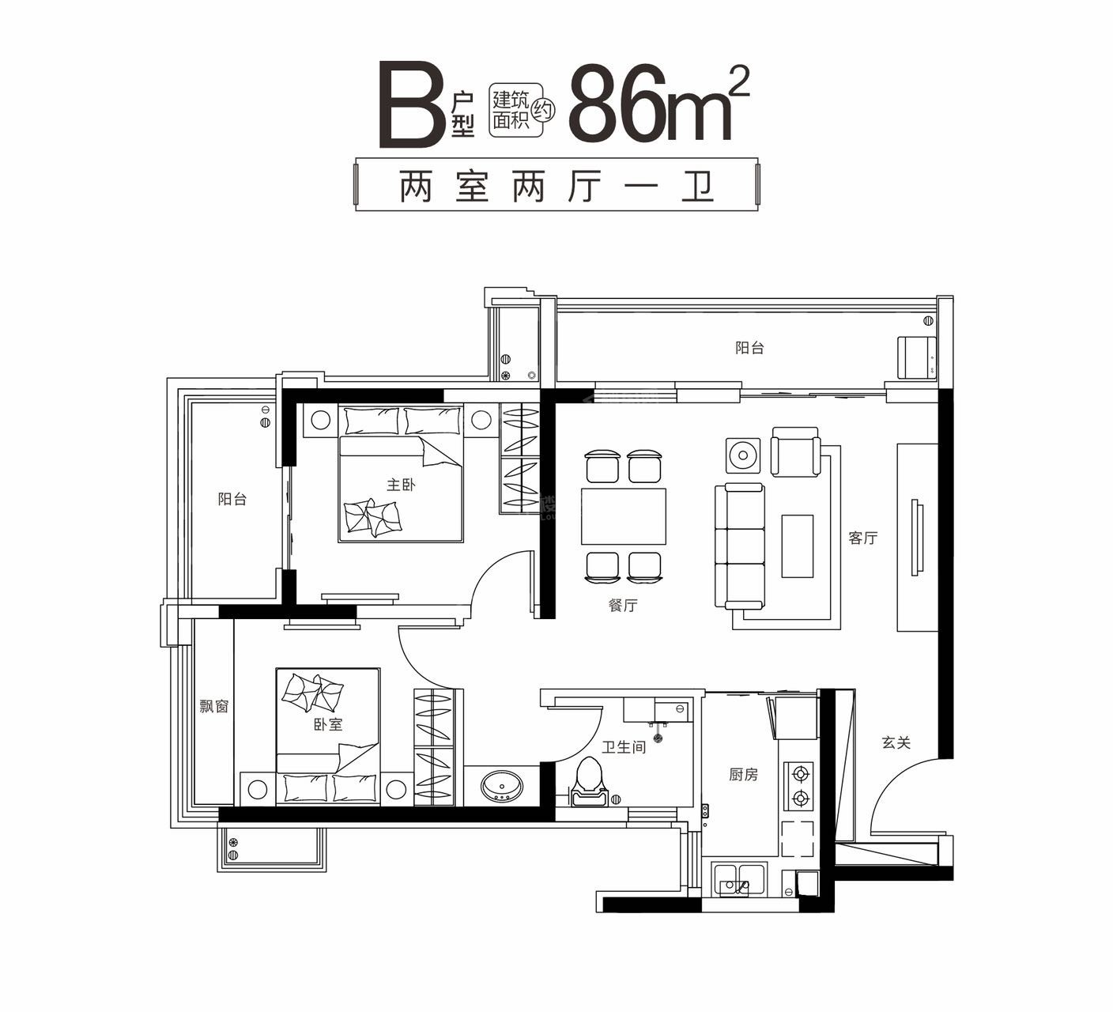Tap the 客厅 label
pos(862,538)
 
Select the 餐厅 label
pos(623,606)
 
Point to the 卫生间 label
pos(624,746)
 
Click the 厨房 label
pos(743,775)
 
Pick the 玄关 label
pos(896,743)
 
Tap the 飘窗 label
pos(213,706)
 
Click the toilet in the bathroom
pos(589,783)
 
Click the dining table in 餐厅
pos(623,516)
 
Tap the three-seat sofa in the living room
pos(739,546)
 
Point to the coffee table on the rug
pos(797,546)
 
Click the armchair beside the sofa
pos(794,452)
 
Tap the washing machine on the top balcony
pos(916,357)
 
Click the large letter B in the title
pos(413,106)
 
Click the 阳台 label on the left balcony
pos(232,499)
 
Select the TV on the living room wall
pos(916,538)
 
